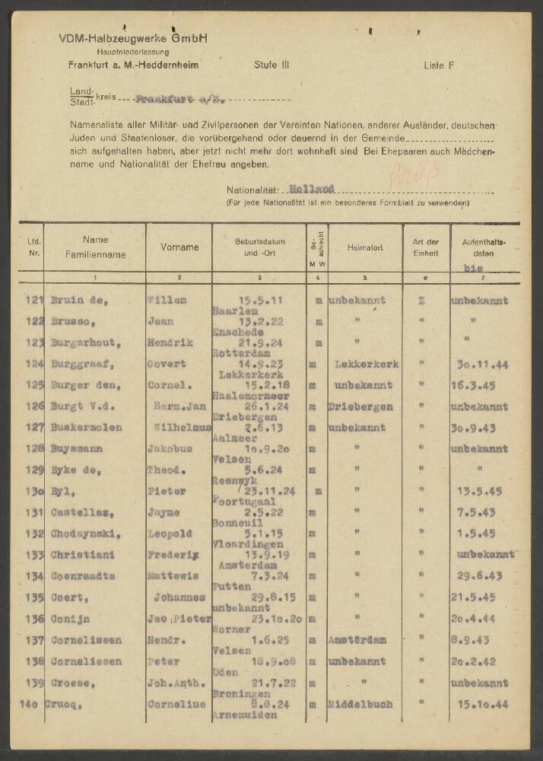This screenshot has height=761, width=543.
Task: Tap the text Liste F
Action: (439, 65)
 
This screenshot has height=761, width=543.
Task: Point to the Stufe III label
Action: (271, 65)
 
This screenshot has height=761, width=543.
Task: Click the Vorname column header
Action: (179, 247)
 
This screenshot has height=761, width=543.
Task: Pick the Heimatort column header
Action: (365, 247)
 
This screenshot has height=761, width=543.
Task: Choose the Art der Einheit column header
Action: (426, 247)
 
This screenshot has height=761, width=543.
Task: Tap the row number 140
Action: (30, 703)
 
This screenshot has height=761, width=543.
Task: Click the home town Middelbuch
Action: (360, 704)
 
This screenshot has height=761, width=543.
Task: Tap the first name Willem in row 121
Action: (168, 300)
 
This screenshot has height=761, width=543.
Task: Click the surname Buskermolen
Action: (85, 428)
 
